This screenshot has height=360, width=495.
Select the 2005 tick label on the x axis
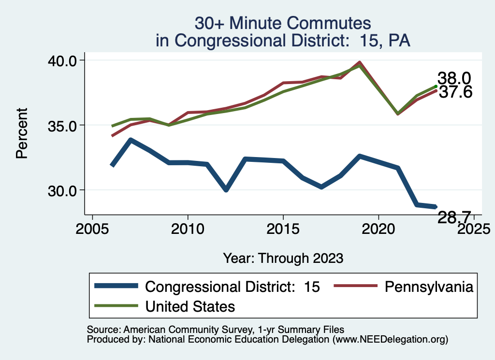pyautogui.click(x=92, y=229)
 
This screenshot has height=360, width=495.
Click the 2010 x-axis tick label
pyautogui.click(x=188, y=229)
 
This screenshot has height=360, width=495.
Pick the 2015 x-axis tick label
pyautogui.click(x=283, y=229)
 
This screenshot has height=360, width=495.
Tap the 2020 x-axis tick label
pyautogui.click(x=378, y=229)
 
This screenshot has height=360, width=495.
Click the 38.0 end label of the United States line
pyautogui.click(x=454, y=78)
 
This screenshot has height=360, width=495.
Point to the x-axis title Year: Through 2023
pyautogui.click(x=283, y=258)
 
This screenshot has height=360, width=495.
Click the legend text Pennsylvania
pyautogui.click(x=428, y=287)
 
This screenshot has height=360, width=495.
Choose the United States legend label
pyautogui.click(x=190, y=306)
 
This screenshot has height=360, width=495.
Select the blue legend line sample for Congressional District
pyautogui.click(x=116, y=287)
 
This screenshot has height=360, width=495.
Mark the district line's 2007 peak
pyautogui.click(x=131, y=140)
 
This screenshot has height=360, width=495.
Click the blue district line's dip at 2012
pyautogui.click(x=226, y=189)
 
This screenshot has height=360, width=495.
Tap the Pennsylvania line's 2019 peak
pyautogui.click(x=359, y=62)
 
